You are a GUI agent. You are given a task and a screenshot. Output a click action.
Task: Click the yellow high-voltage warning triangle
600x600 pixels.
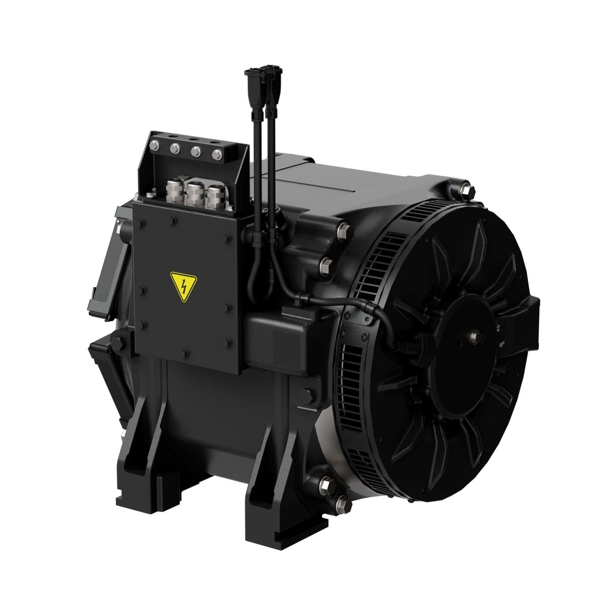(x=183, y=287)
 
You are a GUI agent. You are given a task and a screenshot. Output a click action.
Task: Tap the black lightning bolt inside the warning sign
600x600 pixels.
(x=183, y=287)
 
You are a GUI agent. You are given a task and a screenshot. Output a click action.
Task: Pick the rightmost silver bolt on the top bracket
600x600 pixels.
(x=217, y=154)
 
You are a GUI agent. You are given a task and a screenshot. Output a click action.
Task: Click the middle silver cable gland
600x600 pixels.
(x=194, y=193)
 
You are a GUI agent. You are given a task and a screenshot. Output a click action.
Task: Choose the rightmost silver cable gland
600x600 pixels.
(x=215, y=196)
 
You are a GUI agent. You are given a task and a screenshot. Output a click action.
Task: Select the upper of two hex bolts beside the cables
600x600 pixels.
(x=344, y=231)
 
